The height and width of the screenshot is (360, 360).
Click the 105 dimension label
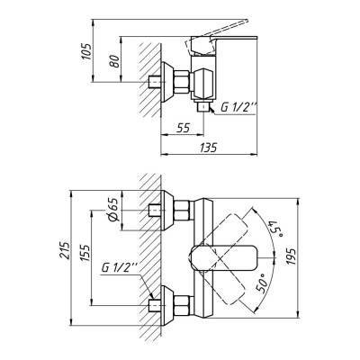tap(86, 51)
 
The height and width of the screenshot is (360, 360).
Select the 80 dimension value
tap(114, 61)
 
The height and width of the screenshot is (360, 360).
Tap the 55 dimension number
tap(183, 128)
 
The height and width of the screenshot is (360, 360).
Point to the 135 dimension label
tap(209, 148)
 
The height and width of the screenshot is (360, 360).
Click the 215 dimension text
tap(64, 250)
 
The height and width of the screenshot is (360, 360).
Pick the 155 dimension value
tap(85, 254)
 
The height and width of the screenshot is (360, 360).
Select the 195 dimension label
tap(291, 256)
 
